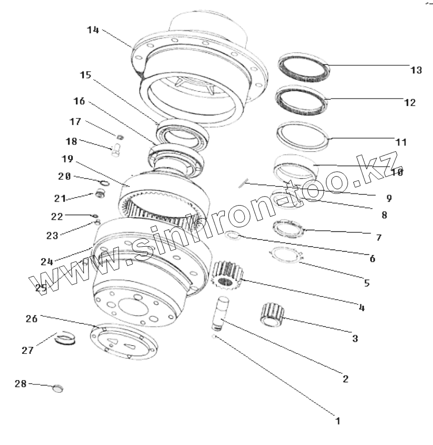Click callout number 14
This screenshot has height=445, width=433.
[x=93, y=30]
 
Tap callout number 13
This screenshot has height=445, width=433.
[x=416, y=70]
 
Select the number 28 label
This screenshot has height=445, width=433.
[x=21, y=384]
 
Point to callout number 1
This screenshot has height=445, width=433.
[x=338, y=421]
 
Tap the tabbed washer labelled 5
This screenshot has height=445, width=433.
[x=285, y=254]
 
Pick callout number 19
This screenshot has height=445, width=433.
[x=67, y=158]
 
